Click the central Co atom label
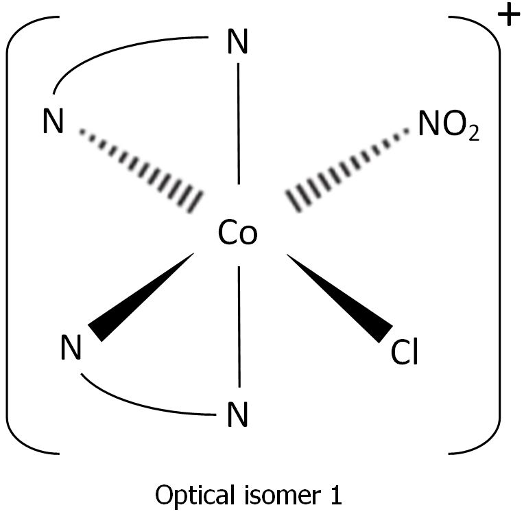(237, 233)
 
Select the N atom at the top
(237, 43)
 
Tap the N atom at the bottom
(237, 414)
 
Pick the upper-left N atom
(52, 124)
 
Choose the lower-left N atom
(71, 349)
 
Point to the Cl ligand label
(404, 353)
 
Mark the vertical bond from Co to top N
(238, 124)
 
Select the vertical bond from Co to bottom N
(239, 326)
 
